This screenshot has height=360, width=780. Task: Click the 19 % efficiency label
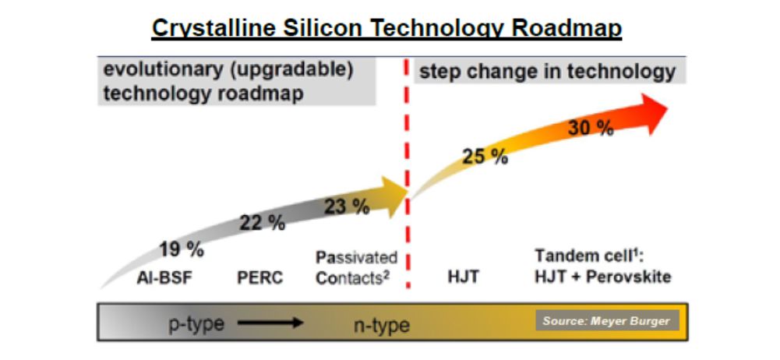182,249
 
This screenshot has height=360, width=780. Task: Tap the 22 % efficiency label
262,223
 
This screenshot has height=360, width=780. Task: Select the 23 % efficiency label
347,206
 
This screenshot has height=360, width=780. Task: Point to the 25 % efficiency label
485,157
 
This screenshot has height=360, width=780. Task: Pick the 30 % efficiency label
591,129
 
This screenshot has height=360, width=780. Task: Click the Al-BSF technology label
164,277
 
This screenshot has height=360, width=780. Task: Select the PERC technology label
259,277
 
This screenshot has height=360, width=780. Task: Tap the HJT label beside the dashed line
463,277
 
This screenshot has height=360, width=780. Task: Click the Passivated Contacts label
357,268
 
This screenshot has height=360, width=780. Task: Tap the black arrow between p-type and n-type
270,323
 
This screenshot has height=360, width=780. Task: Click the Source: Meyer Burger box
606,321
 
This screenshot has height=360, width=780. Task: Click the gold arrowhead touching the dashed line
394,196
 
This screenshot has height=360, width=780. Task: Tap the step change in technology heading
547,72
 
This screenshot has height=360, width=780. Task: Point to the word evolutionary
163,69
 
